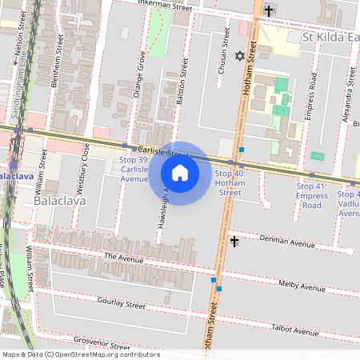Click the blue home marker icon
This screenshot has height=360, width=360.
[x=180, y=172]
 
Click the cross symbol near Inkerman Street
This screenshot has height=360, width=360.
[x=269, y=10]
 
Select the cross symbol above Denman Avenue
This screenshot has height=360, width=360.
[x=234, y=241]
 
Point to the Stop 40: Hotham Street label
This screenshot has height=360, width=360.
[x=230, y=182]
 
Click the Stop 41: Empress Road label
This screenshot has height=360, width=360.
[x=311, y=195]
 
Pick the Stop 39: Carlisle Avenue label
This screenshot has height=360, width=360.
[x=134, y=169]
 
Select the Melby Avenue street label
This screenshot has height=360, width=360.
[x=302, y=286]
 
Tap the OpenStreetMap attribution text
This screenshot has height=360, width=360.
[x=80, y=354]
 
